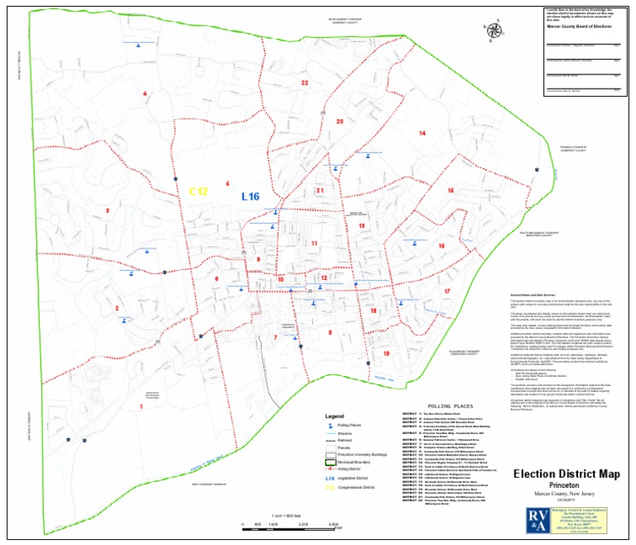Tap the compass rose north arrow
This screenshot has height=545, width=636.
[495, 31]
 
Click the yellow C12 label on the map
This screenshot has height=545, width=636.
[197, 191]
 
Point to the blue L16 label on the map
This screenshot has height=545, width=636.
[250, 196]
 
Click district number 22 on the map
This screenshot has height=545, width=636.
[304, 83]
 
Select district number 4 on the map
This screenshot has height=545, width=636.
[145, 94]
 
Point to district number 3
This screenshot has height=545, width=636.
[107, 210]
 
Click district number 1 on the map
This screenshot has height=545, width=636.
[141, 407]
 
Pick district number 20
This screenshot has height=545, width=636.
[339, 122]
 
